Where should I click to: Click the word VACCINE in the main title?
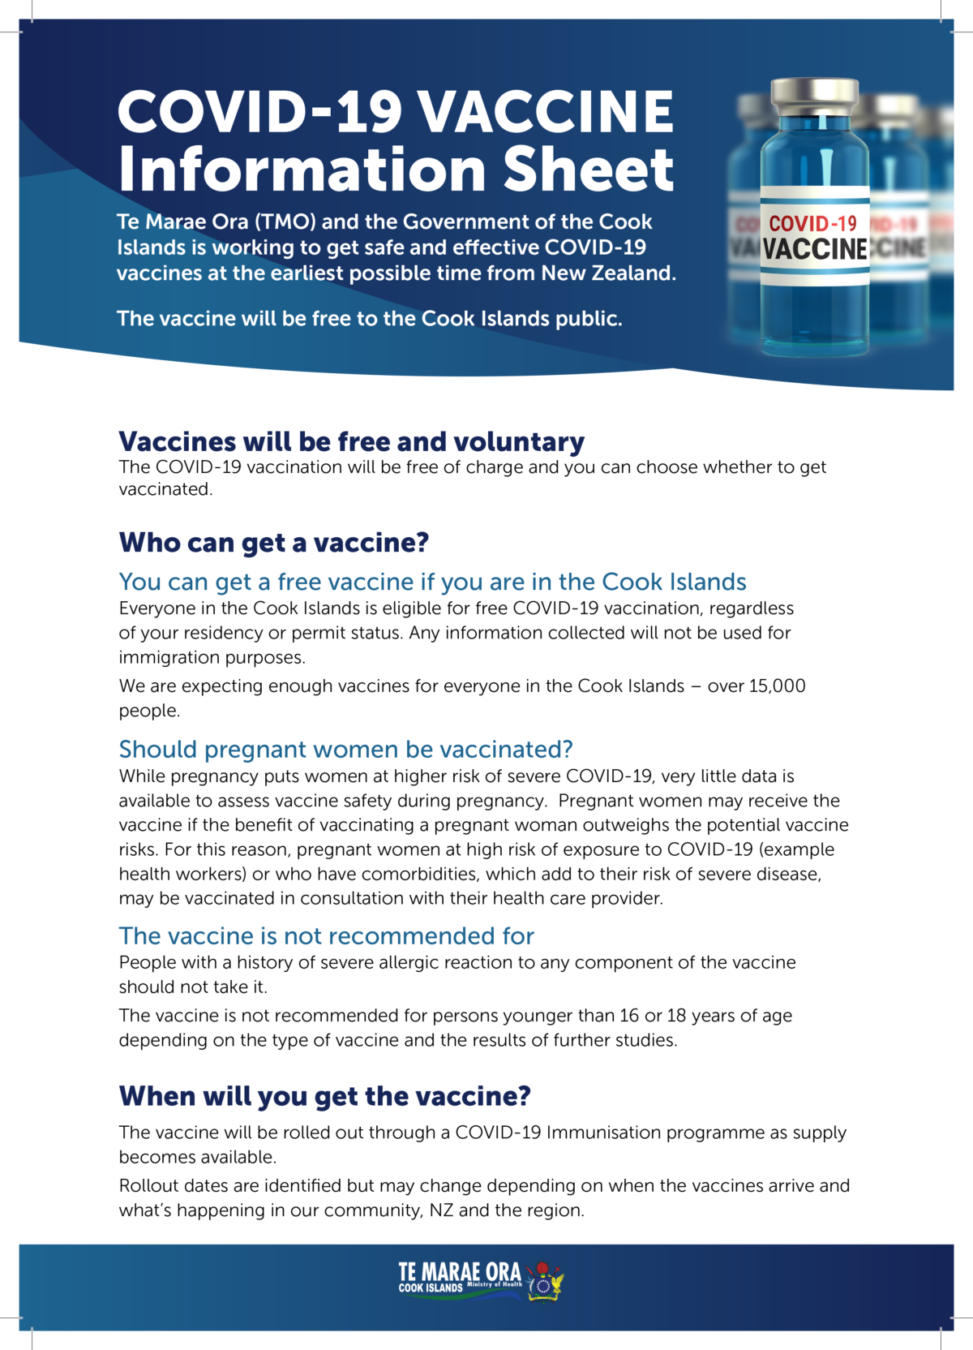click(545, 112)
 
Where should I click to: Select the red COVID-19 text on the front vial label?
click(812, 224)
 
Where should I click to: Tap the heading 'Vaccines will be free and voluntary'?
click(351, 442)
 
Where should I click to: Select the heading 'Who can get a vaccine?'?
click(273, 543)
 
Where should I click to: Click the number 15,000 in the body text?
click(777, 686)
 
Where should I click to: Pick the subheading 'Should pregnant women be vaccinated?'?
click(345, 750)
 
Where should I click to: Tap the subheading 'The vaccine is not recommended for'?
click(326, 936)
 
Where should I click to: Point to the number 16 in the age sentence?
click(629, 1016)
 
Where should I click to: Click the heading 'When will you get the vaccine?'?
click(324, 1097)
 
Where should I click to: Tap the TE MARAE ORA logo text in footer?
click(459, 1273)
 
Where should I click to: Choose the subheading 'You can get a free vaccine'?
click(431, 583)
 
